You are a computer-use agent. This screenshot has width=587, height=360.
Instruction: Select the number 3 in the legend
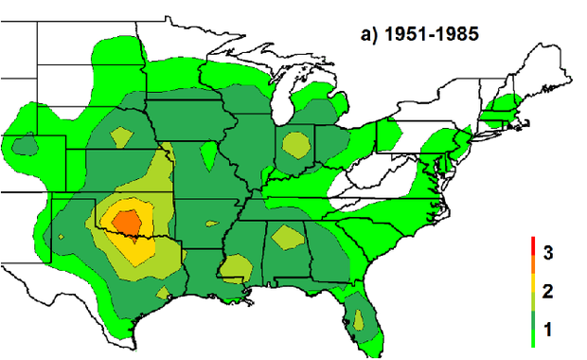tap(548, 252)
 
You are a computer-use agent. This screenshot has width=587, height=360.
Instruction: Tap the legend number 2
tap(548, 290)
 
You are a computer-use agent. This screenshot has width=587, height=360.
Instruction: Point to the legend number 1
tap(548, 329)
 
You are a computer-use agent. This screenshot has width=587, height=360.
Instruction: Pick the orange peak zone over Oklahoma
tap(127, 220)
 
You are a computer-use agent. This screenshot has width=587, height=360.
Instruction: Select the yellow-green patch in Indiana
tap(297, 145)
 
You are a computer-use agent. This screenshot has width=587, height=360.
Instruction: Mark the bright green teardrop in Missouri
tap(208, 153)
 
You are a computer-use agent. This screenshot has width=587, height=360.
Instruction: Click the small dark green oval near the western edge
tap(24, 145)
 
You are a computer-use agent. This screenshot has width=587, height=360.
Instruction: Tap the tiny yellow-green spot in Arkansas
tap(209, 225)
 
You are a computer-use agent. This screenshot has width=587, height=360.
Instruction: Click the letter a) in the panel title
tap(368, 34)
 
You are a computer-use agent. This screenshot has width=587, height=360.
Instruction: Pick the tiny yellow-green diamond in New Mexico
tap(62, 235)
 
